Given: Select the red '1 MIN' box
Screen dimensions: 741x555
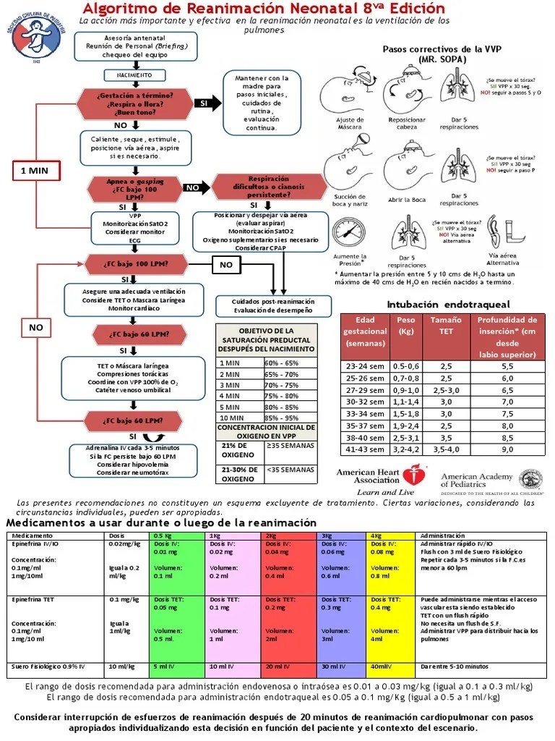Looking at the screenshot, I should (x=34, y=171).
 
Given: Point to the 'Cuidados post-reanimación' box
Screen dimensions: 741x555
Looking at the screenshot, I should (x=273, y=305).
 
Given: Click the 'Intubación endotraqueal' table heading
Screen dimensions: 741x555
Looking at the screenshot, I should (x=448, y=304).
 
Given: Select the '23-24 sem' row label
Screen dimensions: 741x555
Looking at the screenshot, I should (x=366, y=367).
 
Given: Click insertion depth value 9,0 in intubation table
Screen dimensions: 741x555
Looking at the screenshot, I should (x=507, y=449).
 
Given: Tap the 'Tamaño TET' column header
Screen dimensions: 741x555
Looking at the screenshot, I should (x=446, y=325).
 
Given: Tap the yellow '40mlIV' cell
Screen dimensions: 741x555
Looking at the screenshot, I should (x=390, y=666).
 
